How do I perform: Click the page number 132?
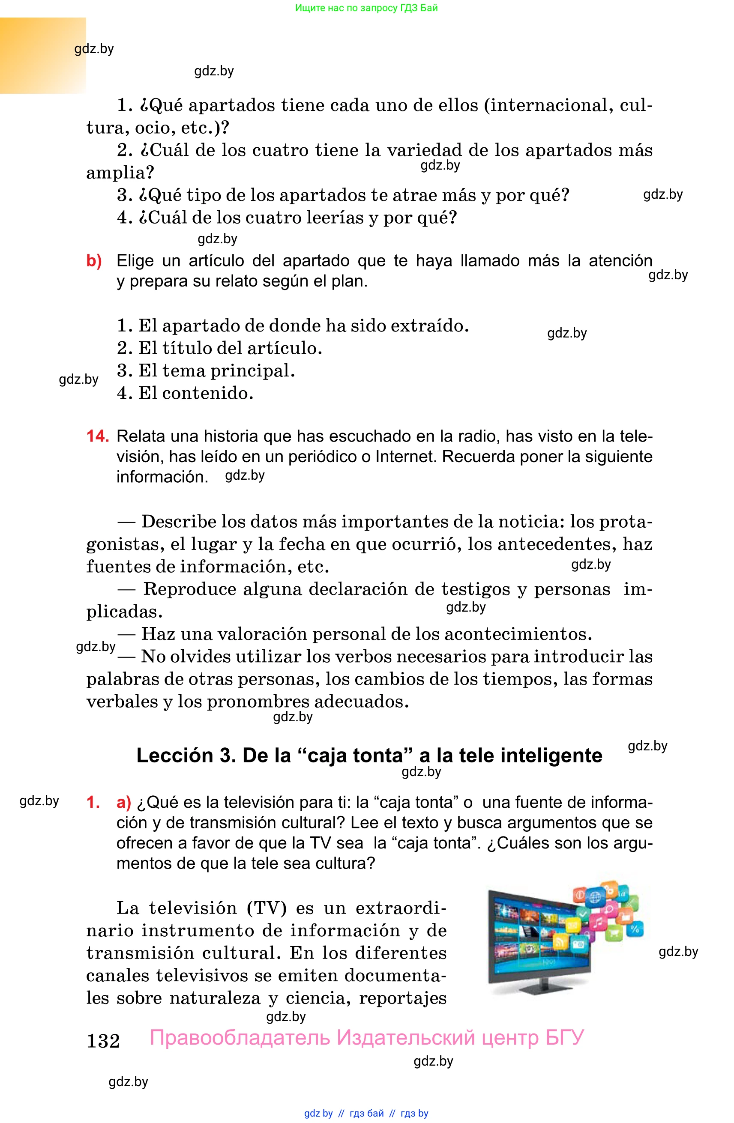(103, 1041)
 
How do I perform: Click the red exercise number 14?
(97, 436)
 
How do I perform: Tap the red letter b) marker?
(94, 261)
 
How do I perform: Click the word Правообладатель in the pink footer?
(240, 1038)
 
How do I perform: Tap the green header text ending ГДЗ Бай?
(366, 8)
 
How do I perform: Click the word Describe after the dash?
(178, 522)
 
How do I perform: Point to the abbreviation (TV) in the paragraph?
(266, 908)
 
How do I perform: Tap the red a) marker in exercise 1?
(124, 803)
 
